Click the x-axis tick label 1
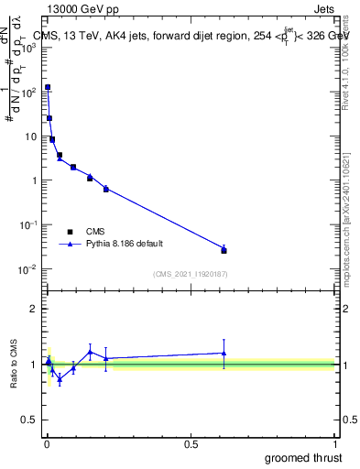[335, 444]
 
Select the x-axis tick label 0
[47, 444]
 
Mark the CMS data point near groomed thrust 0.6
[224, 250]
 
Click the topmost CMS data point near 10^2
[48, 87]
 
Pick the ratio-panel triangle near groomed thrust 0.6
[224, 353]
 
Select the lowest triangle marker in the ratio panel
[60, 378]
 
